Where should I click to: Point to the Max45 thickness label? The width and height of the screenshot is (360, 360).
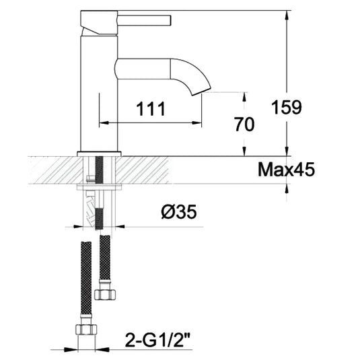point(286,170)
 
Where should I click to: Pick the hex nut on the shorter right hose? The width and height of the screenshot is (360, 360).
point(106,293)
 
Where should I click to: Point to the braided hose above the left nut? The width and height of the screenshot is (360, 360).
point(85,276)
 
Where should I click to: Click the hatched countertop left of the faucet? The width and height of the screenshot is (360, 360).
point(54,169)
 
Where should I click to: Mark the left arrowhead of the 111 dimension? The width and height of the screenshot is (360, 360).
point(103,123)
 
